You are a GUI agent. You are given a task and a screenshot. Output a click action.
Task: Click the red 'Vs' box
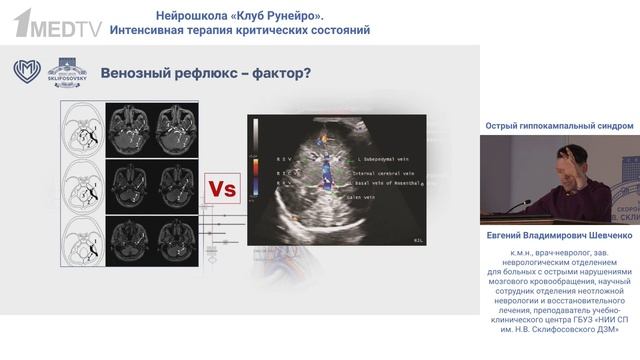click(x=222, y=188)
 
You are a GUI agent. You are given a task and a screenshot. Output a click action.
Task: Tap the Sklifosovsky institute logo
click(x=68, y=72)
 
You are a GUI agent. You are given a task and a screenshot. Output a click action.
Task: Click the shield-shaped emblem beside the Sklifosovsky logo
click(x=27, y=72)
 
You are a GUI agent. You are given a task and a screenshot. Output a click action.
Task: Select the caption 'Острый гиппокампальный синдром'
click(x=559, y=126)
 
